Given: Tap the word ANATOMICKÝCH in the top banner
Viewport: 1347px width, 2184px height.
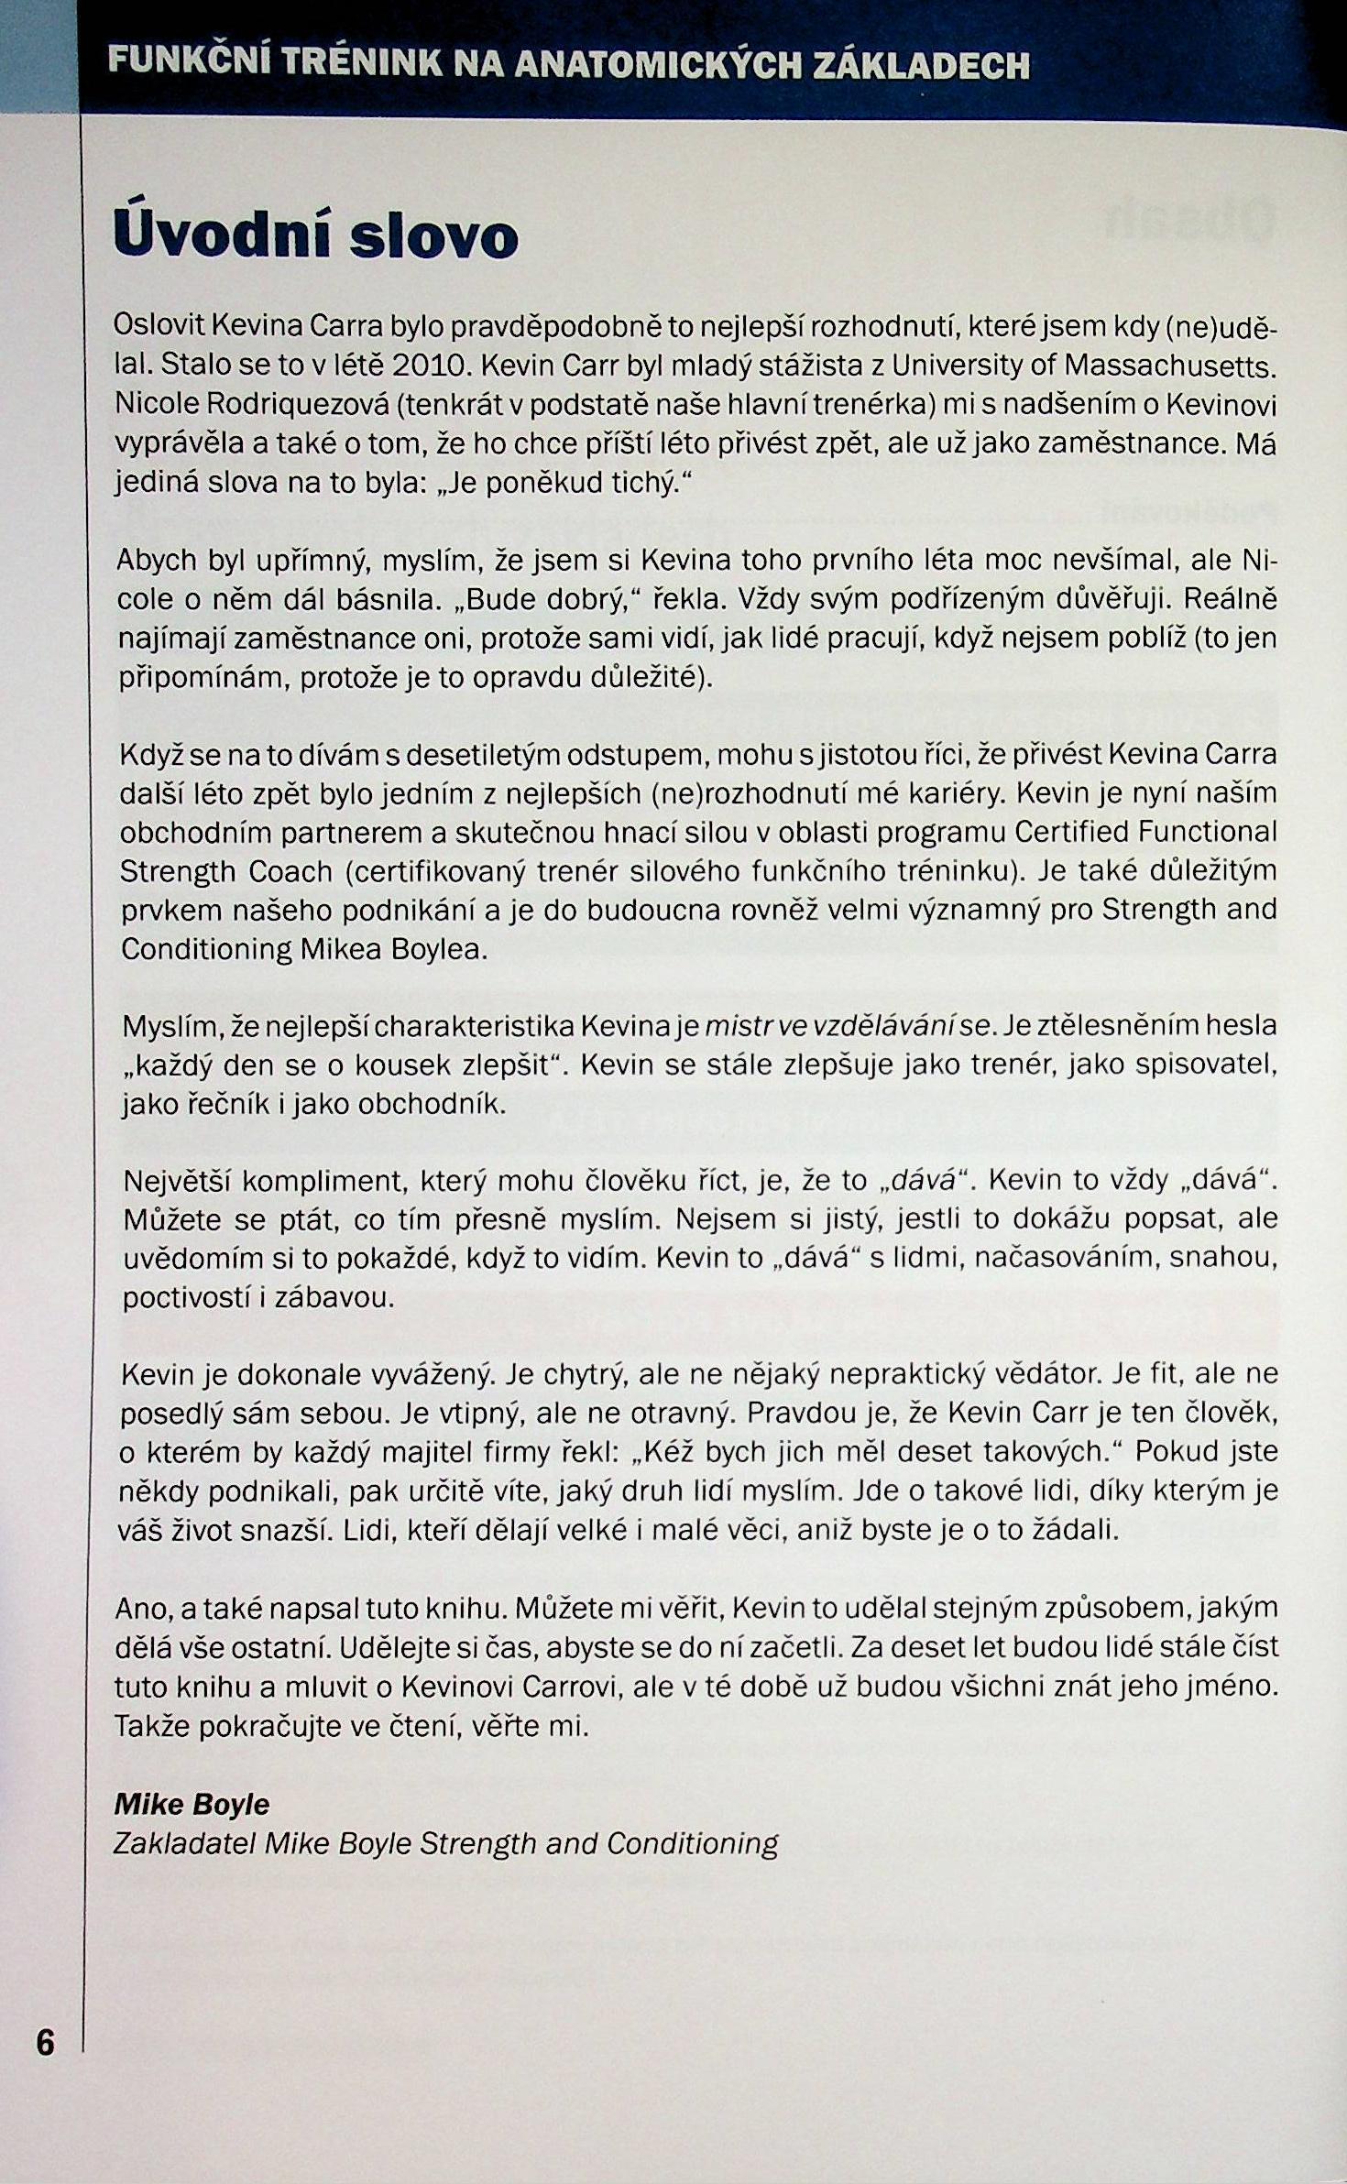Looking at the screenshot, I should (x=659, y=66).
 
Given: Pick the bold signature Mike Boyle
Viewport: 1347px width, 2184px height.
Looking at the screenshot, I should (x=192, y=1804).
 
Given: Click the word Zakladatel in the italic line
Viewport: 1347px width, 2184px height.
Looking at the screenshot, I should (x=184, y=1842).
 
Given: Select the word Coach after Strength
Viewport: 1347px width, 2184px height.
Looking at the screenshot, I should (x=289, y=871).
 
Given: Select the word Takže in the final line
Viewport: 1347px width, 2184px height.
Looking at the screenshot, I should (x=152, y=1726).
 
